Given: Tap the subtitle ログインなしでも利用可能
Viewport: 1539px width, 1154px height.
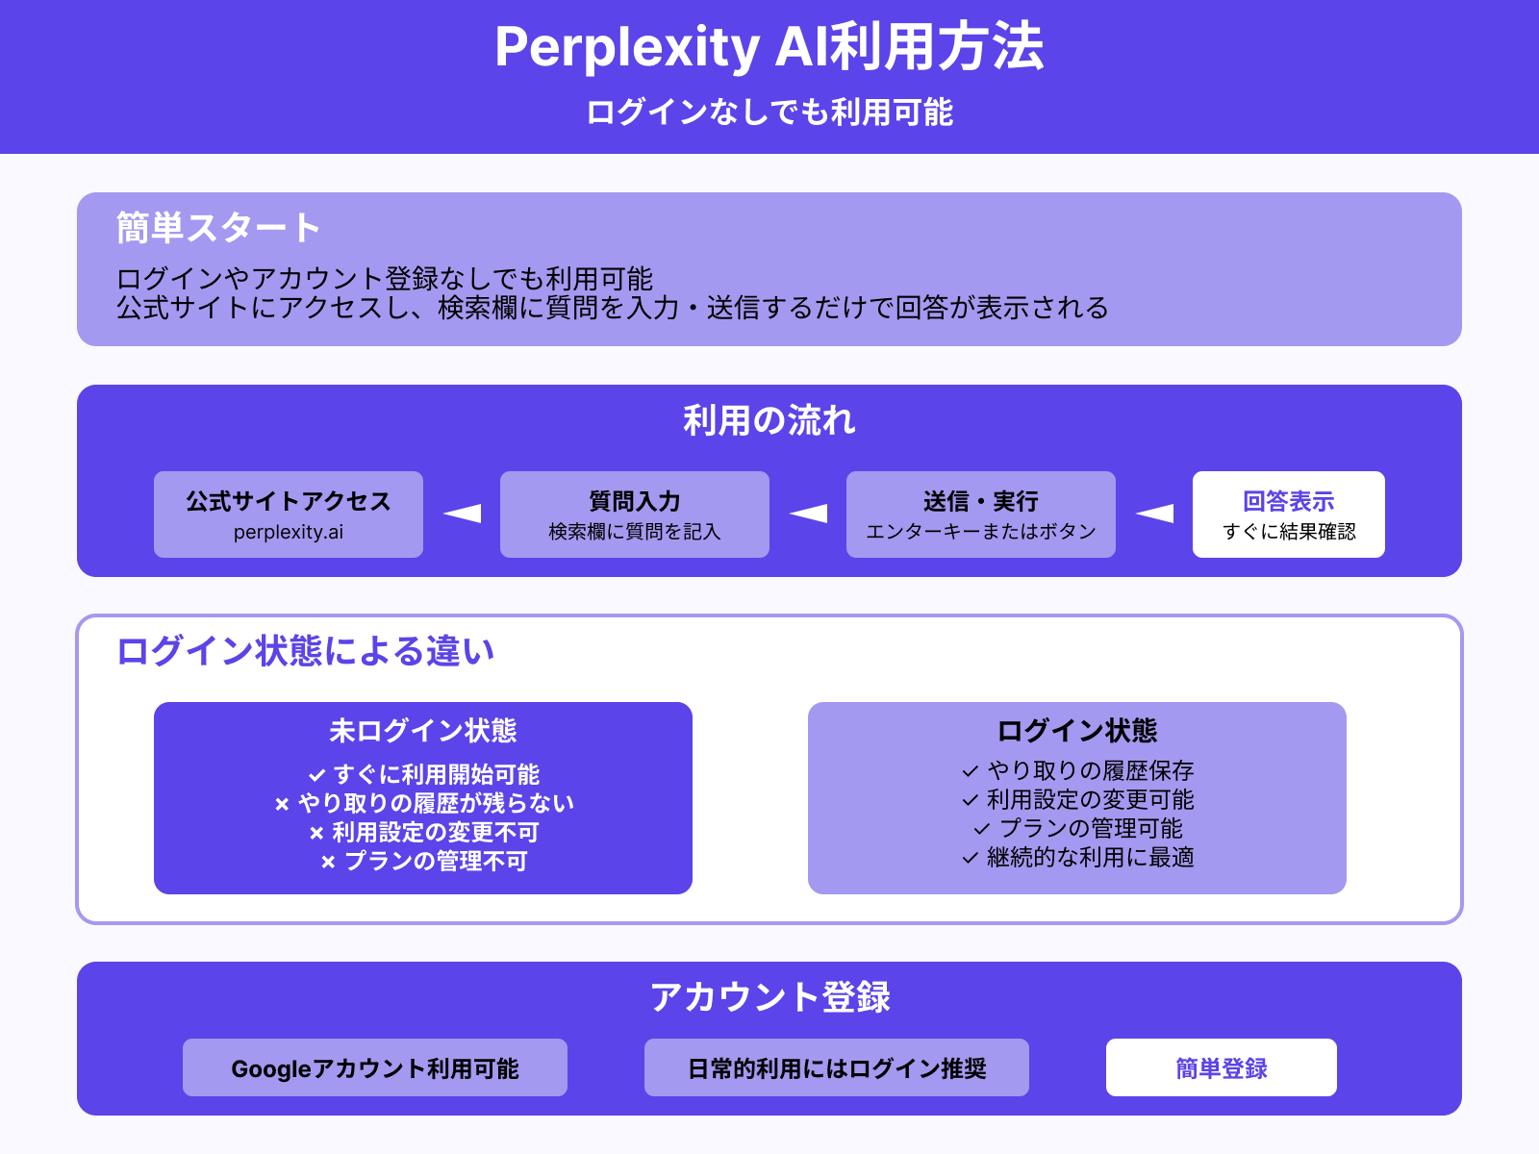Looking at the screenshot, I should (769, 113).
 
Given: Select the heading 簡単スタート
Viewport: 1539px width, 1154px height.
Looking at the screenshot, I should (218, 229).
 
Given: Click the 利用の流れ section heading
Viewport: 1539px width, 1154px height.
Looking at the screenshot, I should (769, 420).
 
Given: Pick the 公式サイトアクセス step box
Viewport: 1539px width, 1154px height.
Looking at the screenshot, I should (289, 514).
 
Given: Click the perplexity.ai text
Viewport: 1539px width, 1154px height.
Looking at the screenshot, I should (289, 532).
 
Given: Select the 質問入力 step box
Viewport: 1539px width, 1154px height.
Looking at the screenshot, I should (635, 514).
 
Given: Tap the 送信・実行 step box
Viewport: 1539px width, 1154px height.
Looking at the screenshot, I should (981, 514).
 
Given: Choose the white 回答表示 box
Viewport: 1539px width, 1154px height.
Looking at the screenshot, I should (1288, 514).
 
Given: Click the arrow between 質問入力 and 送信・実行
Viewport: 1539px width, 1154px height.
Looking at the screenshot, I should (809, 514).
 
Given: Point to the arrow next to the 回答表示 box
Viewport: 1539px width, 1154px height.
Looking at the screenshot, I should (1155, 514).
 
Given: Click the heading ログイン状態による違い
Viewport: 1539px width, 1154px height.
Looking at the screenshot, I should (305, 651).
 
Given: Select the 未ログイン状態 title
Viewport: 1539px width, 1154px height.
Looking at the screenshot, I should (423, 731).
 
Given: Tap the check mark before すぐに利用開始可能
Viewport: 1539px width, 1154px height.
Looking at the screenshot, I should (316, 775).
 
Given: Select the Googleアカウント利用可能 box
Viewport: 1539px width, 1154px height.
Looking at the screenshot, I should (375, 1067).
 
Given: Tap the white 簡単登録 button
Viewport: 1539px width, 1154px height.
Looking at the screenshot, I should (1221, 1067).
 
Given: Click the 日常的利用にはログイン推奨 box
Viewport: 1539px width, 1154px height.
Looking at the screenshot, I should (837, 1067).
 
